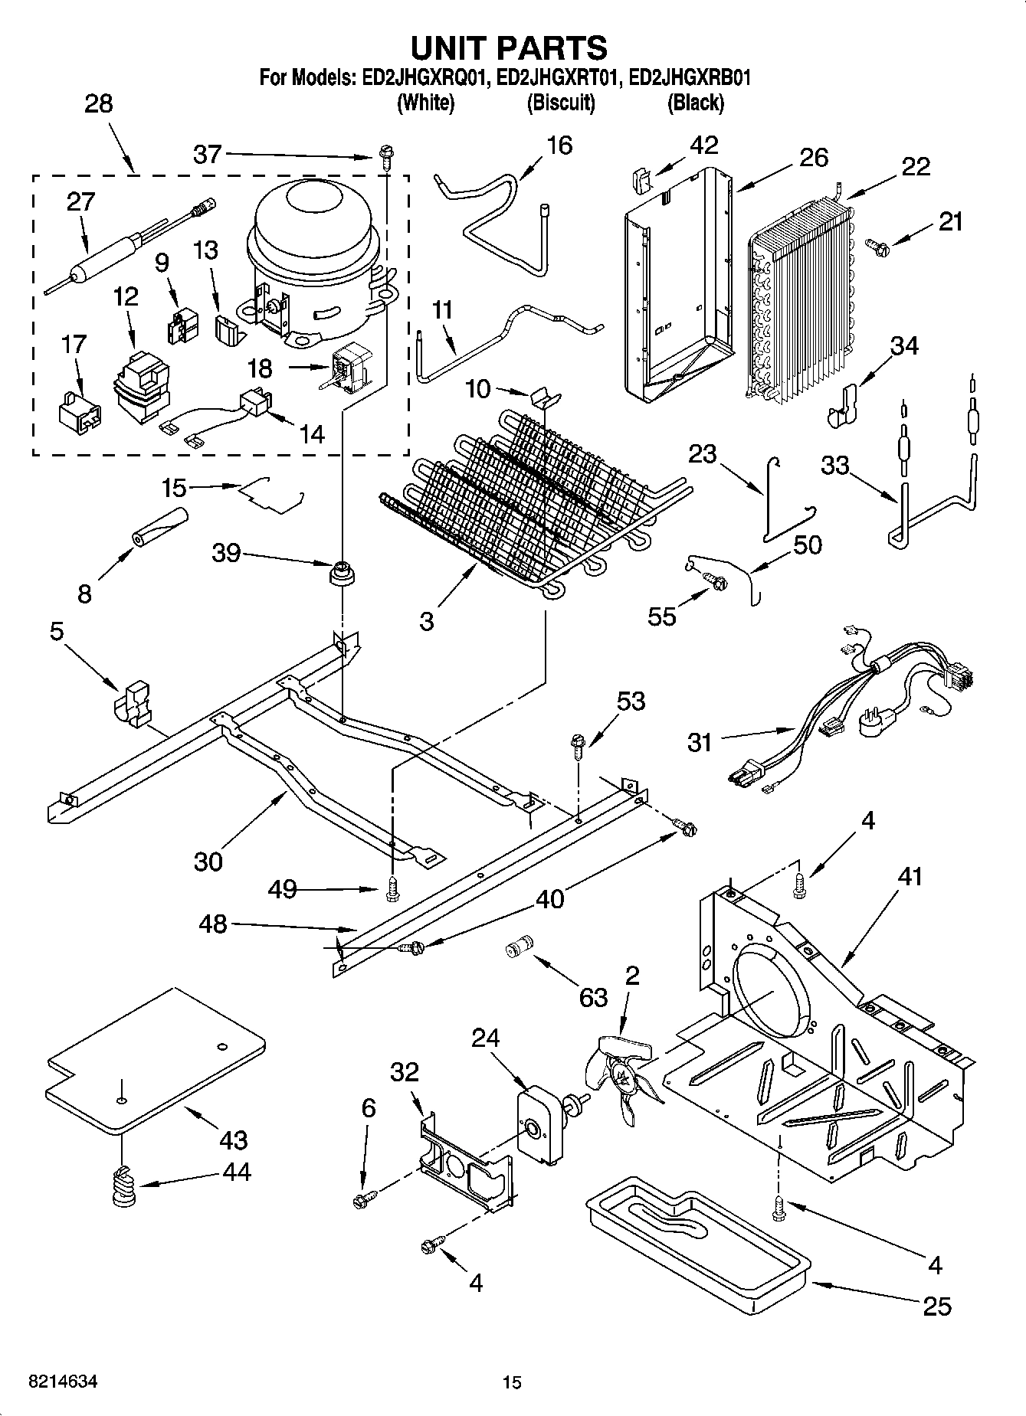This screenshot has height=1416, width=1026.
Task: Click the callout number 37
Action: [x=207, y=155]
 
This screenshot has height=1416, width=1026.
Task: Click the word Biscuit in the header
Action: [x=561, y=103]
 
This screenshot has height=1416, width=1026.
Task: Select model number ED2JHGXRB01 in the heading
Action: [x=687, y=78]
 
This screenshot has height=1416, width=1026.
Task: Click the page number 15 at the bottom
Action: [x=512, y=1382]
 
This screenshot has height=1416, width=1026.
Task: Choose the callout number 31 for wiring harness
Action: [x=700, y=742]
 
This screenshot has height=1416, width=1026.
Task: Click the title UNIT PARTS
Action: [x=510, y=48]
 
